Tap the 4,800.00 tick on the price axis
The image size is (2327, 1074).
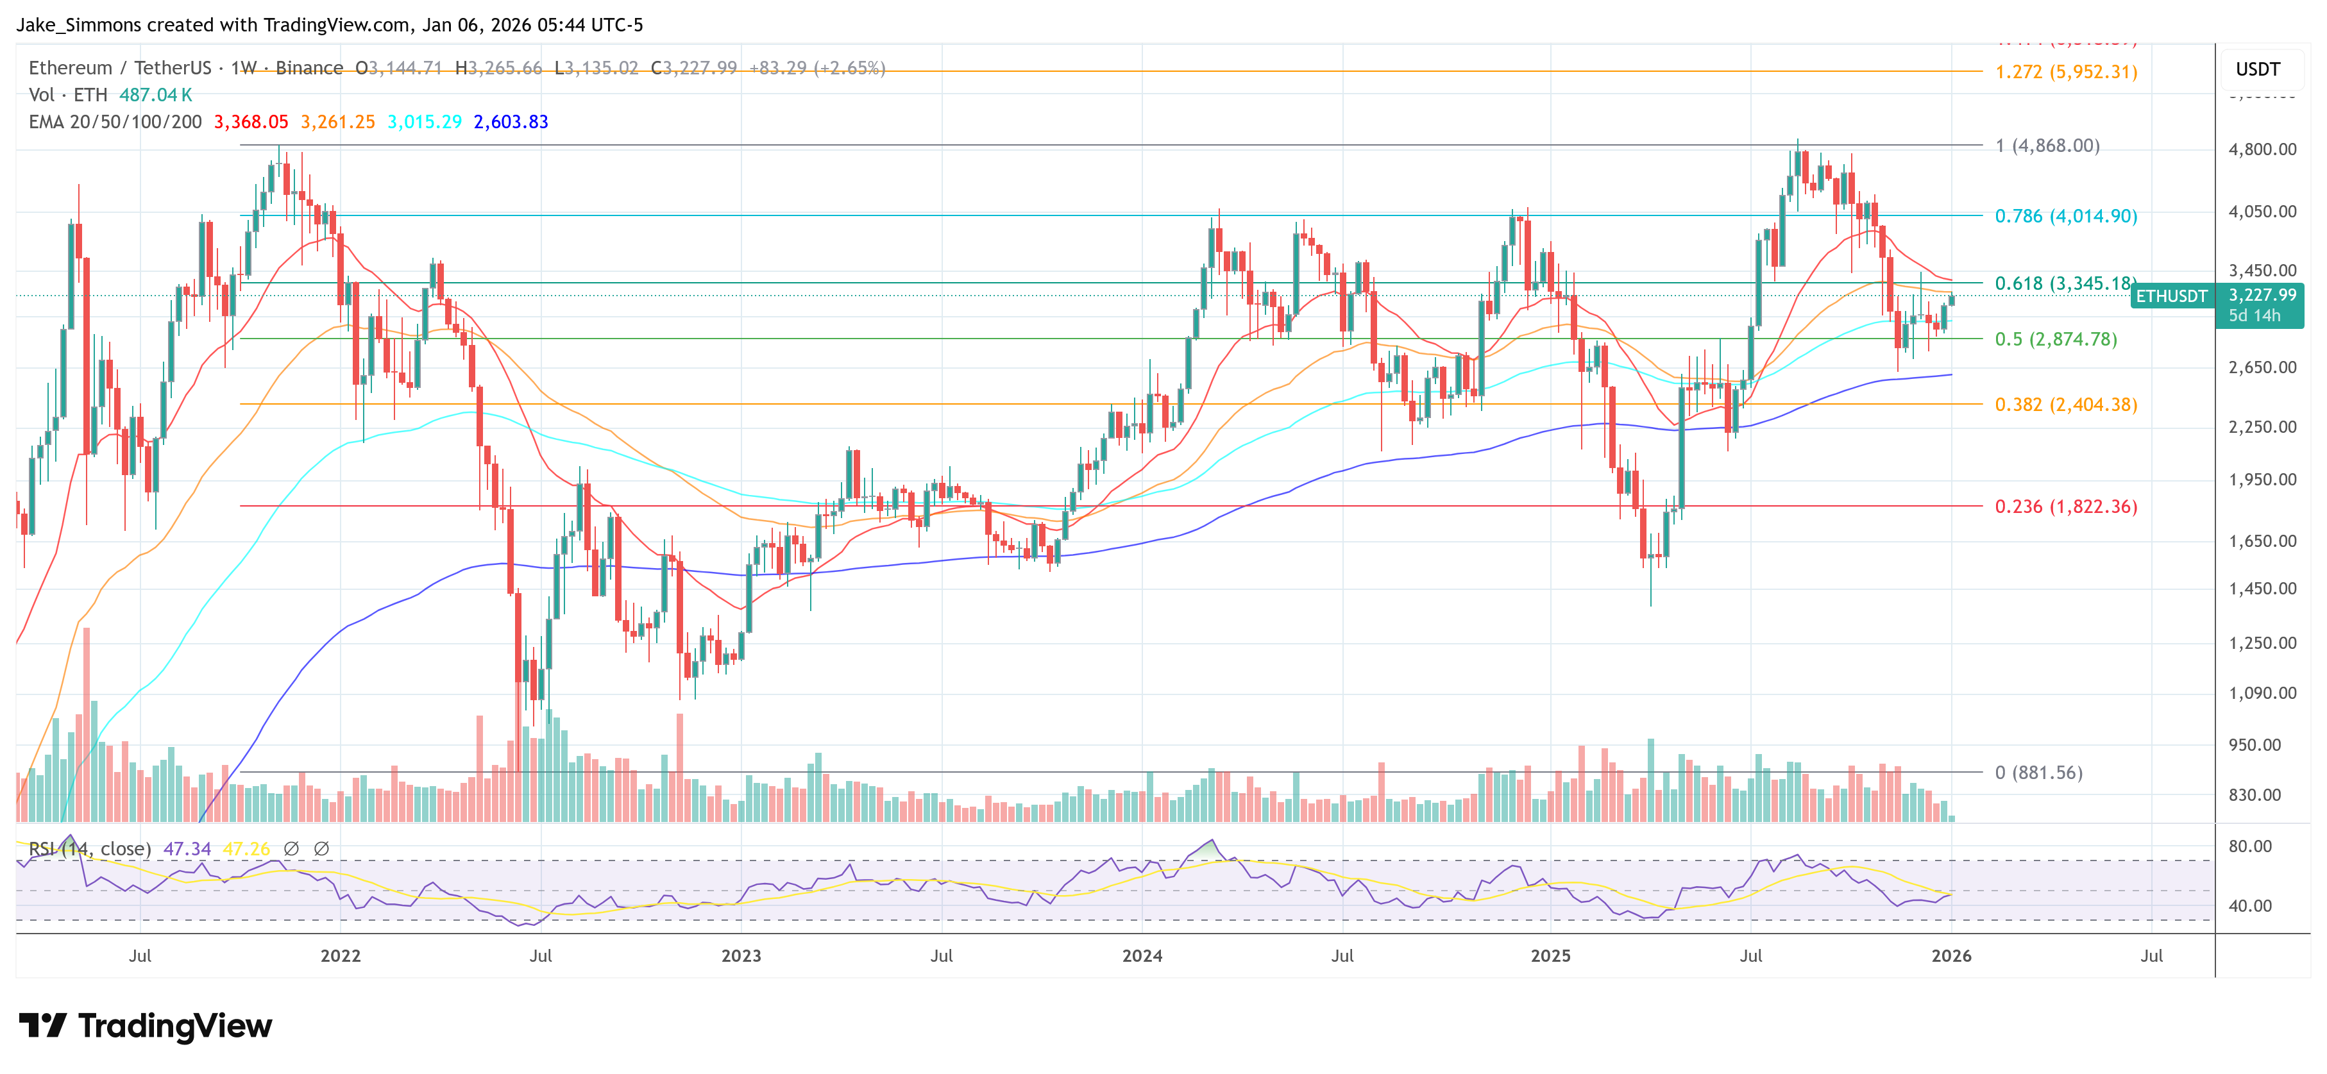(x=2262, y=149)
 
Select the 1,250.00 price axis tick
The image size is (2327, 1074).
(x=2262, y=643)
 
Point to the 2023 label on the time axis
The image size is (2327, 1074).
(x=741, y=955)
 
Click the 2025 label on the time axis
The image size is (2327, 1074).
(x=1550, y=955)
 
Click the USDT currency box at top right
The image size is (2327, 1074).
(x=2258, y=69)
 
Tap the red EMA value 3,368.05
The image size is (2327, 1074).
(x=251, y=122)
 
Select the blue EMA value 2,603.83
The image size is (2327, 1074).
(x=511, y=122)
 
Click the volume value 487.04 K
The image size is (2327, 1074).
(x=155, y=95)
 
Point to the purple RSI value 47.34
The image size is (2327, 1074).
(x=187, y=849)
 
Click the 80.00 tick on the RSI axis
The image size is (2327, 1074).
(x=2249, y=846)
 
